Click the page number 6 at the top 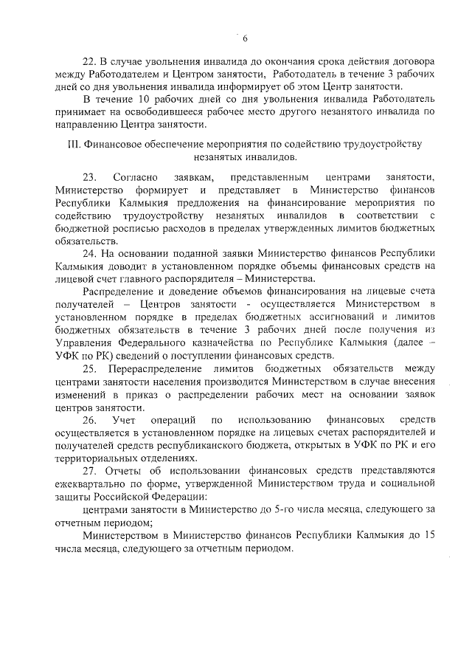point(244,38)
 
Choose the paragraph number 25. point(89,368)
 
